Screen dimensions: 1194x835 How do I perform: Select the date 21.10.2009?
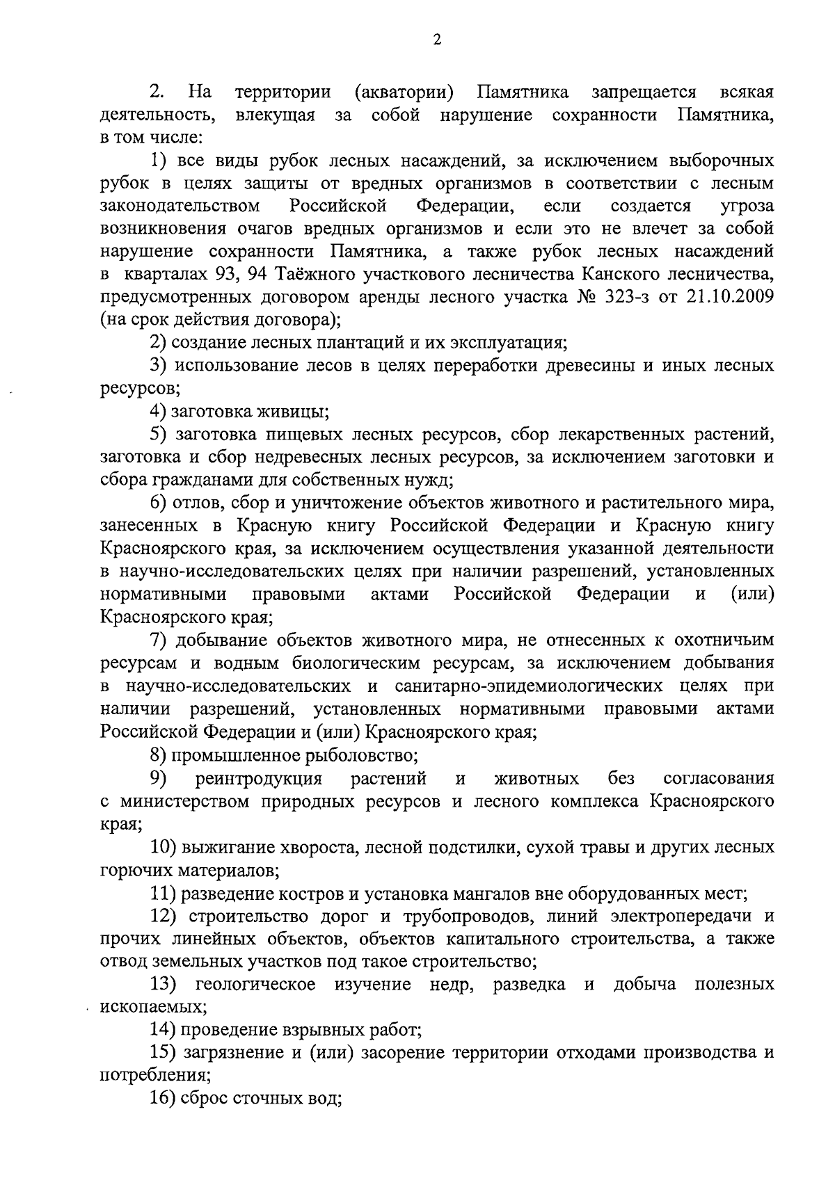(731, 297)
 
